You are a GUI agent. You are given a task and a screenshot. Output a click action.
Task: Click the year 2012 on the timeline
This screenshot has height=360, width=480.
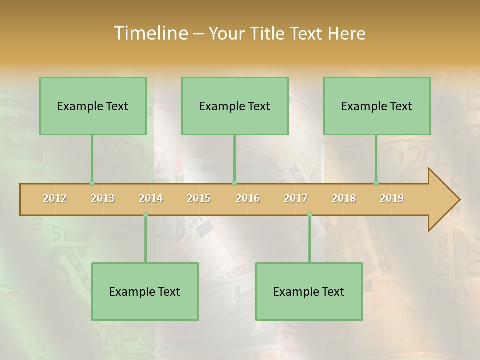[55, 198]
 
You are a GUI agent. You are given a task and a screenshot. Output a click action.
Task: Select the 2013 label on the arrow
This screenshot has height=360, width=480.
[103, 198]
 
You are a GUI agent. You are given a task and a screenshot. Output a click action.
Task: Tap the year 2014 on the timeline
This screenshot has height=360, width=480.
[151, 198]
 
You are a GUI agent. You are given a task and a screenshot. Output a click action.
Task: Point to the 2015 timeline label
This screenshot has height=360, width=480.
[199, 198]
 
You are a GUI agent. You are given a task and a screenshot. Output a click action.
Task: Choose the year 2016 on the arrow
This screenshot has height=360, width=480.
[248, 198]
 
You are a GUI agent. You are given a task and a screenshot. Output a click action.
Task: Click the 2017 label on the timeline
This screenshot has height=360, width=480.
[296, 198]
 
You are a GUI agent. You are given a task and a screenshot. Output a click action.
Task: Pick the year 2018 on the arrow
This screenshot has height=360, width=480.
[344, 198]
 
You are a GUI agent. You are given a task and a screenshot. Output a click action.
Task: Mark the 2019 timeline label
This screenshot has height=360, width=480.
[392, 198]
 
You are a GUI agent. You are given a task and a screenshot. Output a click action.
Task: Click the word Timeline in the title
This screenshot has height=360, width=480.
[150, 33]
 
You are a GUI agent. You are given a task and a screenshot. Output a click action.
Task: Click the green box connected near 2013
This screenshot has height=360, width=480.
[93, 106]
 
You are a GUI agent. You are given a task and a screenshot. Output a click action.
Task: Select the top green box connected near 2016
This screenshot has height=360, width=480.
[235, 106]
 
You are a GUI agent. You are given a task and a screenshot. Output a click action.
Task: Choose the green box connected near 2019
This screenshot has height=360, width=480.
[377, 106]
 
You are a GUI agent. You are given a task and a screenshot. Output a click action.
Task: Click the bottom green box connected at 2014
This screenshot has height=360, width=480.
[145, 291]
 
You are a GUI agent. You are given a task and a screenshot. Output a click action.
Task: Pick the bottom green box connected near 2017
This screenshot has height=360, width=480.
[309, 291]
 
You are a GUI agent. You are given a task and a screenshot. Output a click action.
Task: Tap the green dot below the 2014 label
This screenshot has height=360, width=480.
[145, 214]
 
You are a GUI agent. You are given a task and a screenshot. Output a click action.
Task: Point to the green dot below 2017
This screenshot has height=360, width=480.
[309, 214]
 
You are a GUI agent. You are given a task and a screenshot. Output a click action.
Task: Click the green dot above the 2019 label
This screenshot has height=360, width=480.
[376, 183]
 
